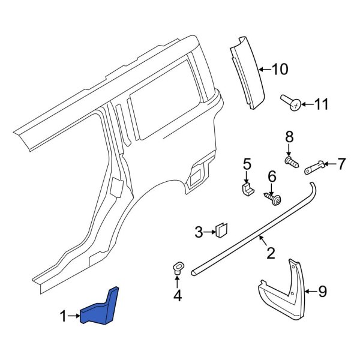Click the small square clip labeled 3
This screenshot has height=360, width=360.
click(221, 229)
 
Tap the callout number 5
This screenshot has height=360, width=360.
click(246, 164)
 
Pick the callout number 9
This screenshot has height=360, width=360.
click(322, 292)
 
